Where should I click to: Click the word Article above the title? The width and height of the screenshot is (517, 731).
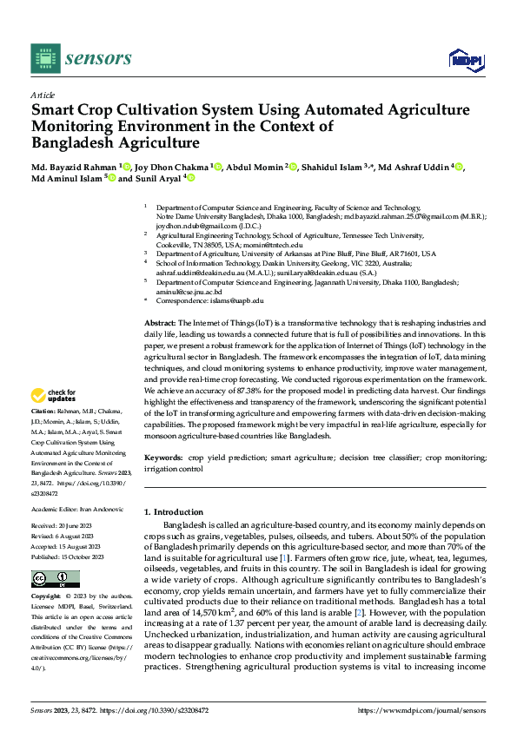pos(43,95)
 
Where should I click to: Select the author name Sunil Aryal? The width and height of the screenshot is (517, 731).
pos(157,179)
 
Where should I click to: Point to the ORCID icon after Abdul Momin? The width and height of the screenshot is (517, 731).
pos(293,168)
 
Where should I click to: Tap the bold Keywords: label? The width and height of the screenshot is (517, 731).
pos(162,457)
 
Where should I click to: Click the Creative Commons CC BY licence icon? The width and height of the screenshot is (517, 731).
pos(56,579)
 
